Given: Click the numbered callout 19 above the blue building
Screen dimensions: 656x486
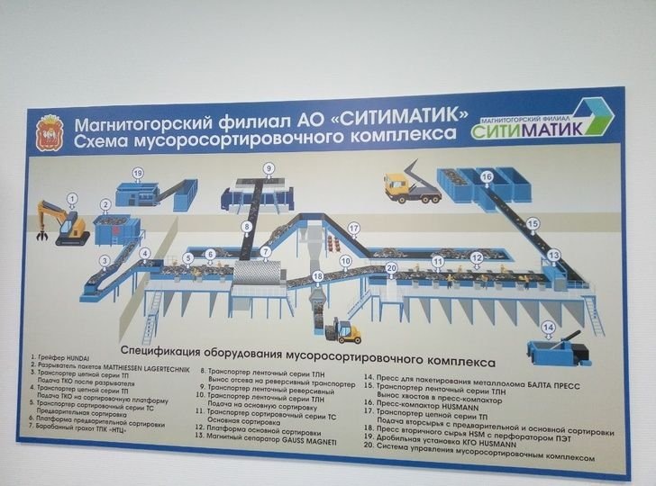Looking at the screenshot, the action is coord(138,173).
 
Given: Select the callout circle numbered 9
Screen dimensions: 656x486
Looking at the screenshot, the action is coord(268,168).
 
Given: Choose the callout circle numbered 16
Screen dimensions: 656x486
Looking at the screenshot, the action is coord(487,176).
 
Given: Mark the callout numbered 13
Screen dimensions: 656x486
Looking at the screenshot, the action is coord(553,255).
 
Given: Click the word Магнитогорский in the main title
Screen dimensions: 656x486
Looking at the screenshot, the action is coord(135,119).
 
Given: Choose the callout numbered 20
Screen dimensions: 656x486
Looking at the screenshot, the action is coord(391,266).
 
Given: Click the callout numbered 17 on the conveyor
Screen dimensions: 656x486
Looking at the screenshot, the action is coord(353,228).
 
